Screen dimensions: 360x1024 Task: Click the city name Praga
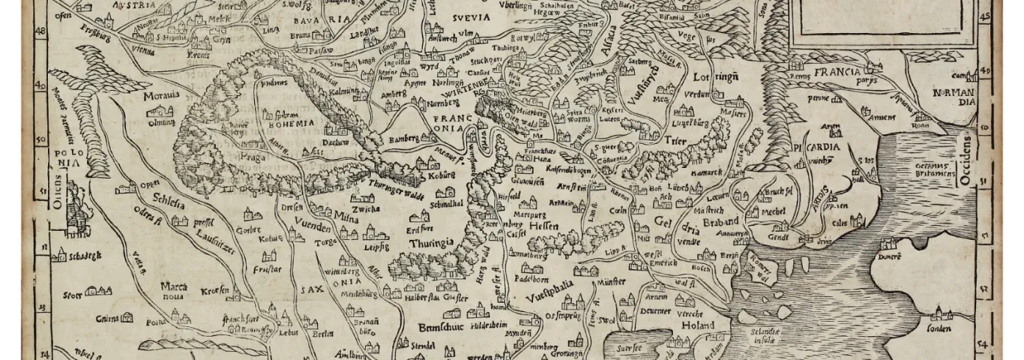pos(253,158)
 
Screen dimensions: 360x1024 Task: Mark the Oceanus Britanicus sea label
pos(929,169)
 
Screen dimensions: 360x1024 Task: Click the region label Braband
pos(722,221)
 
